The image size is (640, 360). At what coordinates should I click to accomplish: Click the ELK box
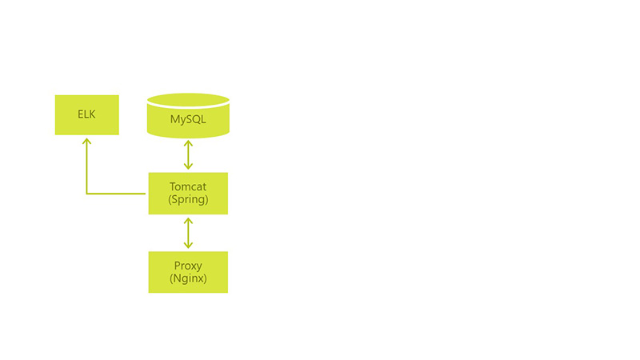pos(87,114)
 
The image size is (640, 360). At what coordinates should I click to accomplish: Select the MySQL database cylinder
pos(188,115)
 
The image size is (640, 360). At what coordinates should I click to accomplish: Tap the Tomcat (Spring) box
pos(188,193)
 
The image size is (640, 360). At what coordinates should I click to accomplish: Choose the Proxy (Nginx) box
pos(188,272)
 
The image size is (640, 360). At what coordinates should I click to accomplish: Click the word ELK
pos(86,114)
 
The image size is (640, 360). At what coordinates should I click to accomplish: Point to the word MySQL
pos(188,119)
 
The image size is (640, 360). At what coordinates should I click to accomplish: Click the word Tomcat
pos(188,186)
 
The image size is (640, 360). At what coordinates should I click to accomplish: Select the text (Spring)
pos(188,199)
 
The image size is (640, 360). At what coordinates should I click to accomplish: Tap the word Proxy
pos(188,266)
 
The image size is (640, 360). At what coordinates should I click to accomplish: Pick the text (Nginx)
pos(188,278)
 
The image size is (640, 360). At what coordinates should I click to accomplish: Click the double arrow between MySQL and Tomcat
pos(188,154)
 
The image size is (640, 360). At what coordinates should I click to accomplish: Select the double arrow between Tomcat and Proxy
pos(188,233)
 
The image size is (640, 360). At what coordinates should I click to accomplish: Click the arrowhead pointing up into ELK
pos(86,142)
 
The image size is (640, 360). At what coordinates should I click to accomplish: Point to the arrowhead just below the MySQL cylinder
pos(188,143)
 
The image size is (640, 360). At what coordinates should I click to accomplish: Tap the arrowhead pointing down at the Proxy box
pos(188,246)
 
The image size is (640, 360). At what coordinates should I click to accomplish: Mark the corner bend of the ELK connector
pos(86,194)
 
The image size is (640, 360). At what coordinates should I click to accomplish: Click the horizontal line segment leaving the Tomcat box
pos(116,194)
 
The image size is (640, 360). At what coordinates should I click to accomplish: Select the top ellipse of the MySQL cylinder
pos(188,100)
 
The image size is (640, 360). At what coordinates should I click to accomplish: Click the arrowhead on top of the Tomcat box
pos(188,166)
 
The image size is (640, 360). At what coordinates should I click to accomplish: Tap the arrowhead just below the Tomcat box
pos(188,221)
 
